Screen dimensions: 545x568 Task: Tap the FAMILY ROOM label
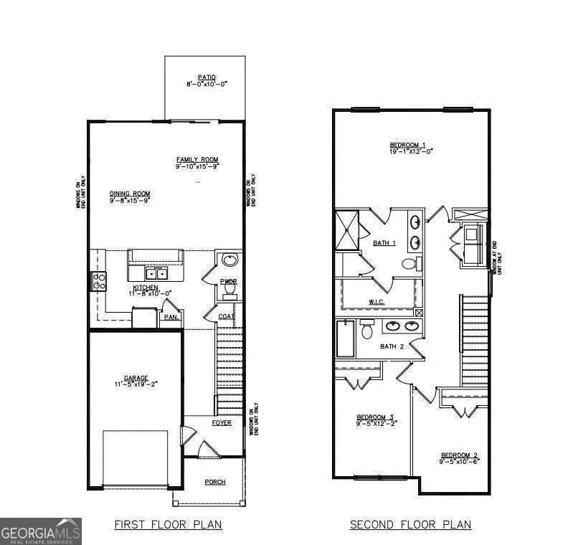coord(197,159)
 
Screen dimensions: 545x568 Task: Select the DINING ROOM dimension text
coord(130,202)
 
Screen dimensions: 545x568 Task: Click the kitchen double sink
coord(156,273)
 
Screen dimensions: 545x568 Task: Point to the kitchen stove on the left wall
coord(98,280)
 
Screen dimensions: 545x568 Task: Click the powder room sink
coord(229,260)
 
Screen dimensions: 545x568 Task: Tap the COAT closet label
coord(227,316)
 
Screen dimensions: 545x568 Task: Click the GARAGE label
coord(136,378)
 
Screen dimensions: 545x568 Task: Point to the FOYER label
coord(221,423)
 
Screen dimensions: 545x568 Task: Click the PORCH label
coord(215,482)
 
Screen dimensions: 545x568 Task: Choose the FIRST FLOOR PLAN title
coord(168,525)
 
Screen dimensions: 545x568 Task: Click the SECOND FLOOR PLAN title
coord(410,525)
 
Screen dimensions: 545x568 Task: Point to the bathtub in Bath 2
coord(345,338)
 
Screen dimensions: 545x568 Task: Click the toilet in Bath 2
coord(366,331)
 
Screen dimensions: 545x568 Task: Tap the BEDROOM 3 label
coord(376,417)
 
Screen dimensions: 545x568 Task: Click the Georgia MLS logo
coord(41,531)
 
